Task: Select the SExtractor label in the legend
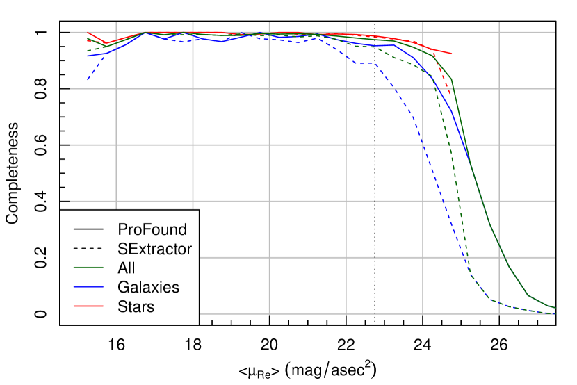click(155, 248)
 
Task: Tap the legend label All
click(127, 268)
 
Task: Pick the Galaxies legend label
click(149, 287)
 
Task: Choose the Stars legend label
click(136, 306)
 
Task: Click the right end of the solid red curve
click(453, 54)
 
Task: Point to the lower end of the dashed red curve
click(450, 95)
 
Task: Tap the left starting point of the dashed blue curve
click(88, 80)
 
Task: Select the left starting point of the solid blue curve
click(88, 56)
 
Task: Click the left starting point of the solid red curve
click(88, 33)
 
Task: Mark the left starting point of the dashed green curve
click(88, 51)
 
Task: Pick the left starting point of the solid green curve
click(88, 40)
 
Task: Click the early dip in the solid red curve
click(106, 43)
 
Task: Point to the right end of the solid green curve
click(555, 307)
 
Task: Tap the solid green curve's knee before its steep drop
click(452, 79)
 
